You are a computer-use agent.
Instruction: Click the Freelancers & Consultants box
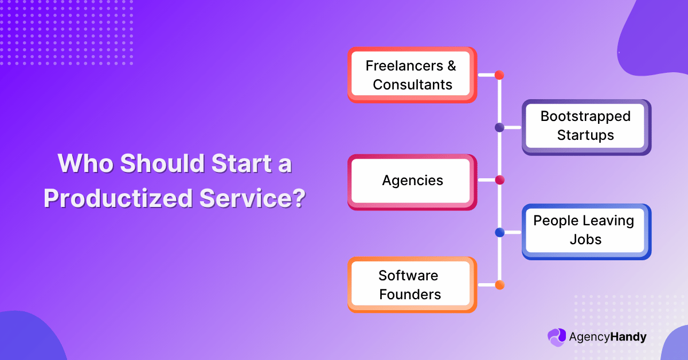[412, 75]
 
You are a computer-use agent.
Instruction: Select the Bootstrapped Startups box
[586, 126]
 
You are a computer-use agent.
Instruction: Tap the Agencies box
[412, 181]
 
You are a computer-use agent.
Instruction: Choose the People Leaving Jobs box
[586, 230]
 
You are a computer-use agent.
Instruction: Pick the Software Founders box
[412, 285]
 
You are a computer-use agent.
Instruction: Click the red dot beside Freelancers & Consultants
[499, 75]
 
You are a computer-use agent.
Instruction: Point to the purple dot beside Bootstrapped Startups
[499, 127]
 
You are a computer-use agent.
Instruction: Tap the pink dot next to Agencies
[499, 181]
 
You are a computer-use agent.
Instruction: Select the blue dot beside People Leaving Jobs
[499, 233]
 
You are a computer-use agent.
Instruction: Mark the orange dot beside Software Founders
[499, 285]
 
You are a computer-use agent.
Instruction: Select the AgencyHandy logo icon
[556, 337]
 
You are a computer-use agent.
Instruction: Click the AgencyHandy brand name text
[607, 337]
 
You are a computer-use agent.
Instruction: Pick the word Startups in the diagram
[586, 136]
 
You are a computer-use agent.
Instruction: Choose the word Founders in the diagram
[410, 295]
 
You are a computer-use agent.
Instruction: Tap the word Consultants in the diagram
[412, 85]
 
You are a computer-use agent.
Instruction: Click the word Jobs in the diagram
[585, 240]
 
